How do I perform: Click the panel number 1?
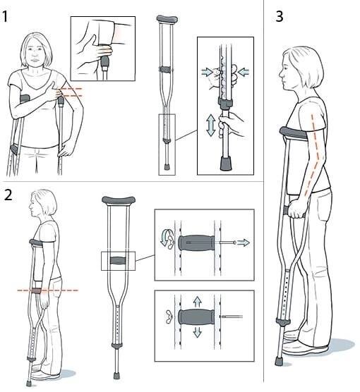[x=5, y=16]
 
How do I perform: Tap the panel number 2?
[x=8, y=195]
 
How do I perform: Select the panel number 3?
[x=280, y=16]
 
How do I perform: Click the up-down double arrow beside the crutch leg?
[x=211, y=125]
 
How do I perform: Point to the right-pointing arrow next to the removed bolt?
[x=244, y=243]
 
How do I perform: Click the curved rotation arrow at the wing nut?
[x=164, y=238]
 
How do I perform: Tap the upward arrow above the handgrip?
[x=198, y=302]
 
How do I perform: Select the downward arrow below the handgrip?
[x=197, y=332]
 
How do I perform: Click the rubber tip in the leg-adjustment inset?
[x=226, y=164]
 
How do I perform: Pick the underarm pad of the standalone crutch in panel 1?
[x=167, y=19]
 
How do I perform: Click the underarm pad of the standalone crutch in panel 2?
[x=119, y=200]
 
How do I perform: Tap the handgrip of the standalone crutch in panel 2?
[x=119, y=260]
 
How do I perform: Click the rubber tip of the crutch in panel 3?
[x=278, y=361]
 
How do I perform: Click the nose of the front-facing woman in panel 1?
[x=35, y=55]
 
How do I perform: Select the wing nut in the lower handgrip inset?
[x=169, y=317]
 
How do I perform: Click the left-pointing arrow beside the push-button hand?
[x=243, y=72]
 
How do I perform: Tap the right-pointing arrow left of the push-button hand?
[x=208, y=72]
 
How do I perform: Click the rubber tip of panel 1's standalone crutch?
[x=167, y=167]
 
